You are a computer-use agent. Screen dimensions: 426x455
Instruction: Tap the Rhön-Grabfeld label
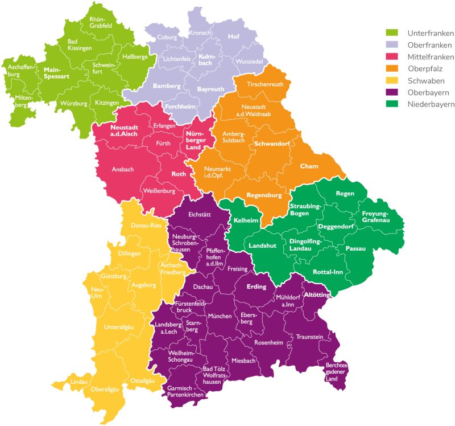(x=101, y=23)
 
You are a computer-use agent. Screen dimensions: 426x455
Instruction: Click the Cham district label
(x=309, y=166)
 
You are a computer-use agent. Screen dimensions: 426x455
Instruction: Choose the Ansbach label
(x=123, y=169)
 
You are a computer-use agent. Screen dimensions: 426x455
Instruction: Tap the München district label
(x=220, y=316)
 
